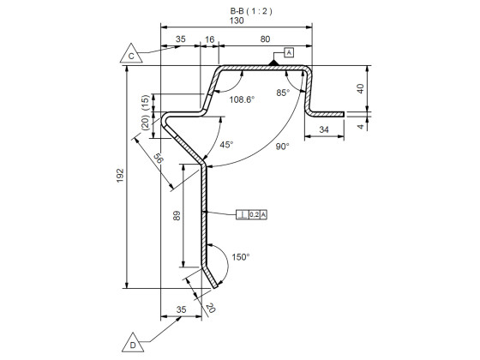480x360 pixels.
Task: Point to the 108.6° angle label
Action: click(x=243, y=99)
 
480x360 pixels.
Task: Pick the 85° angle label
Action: click(x=283, y=92)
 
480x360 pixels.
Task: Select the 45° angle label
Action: click(x=226, y=145)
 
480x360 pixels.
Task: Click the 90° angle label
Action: click(x=282, y=146)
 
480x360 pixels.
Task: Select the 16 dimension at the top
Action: click(x=209, y=39)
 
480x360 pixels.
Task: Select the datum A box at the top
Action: click(x=288, y=52)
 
